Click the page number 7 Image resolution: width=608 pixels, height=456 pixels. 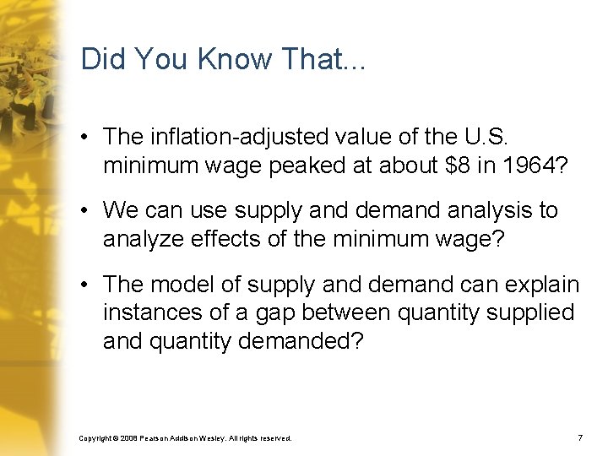pos(580,438)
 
